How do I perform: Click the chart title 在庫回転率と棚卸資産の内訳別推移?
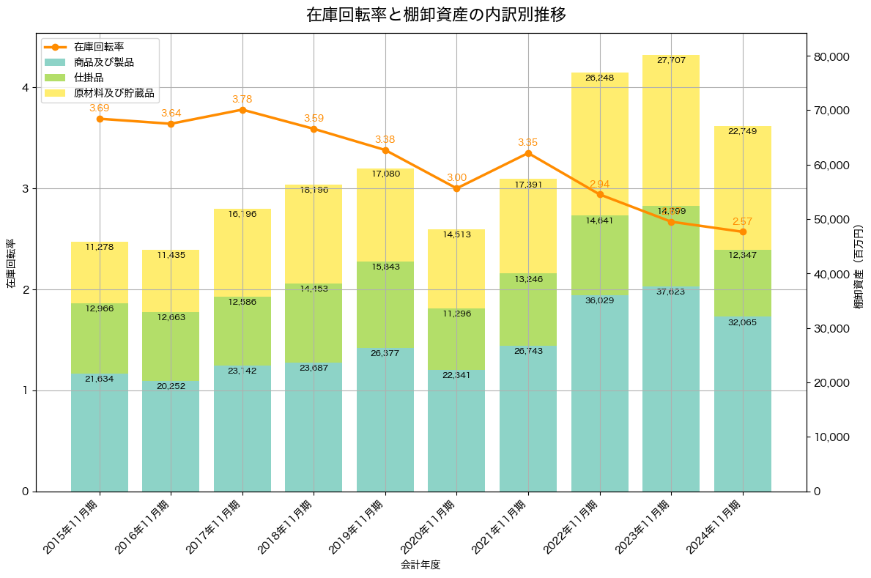point(435,15)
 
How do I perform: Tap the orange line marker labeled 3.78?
point(242,110)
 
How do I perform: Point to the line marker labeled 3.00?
point(456,188)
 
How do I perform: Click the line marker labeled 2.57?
point(743,231)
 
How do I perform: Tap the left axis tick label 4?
point(24,87)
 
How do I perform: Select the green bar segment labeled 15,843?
point(385,305)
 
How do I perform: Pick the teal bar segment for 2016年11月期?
point(171,436)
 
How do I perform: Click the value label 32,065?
point(743,322)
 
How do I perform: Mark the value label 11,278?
point(100,247)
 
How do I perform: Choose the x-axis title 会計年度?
point(420,565)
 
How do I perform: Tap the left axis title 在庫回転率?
point(10,264)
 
